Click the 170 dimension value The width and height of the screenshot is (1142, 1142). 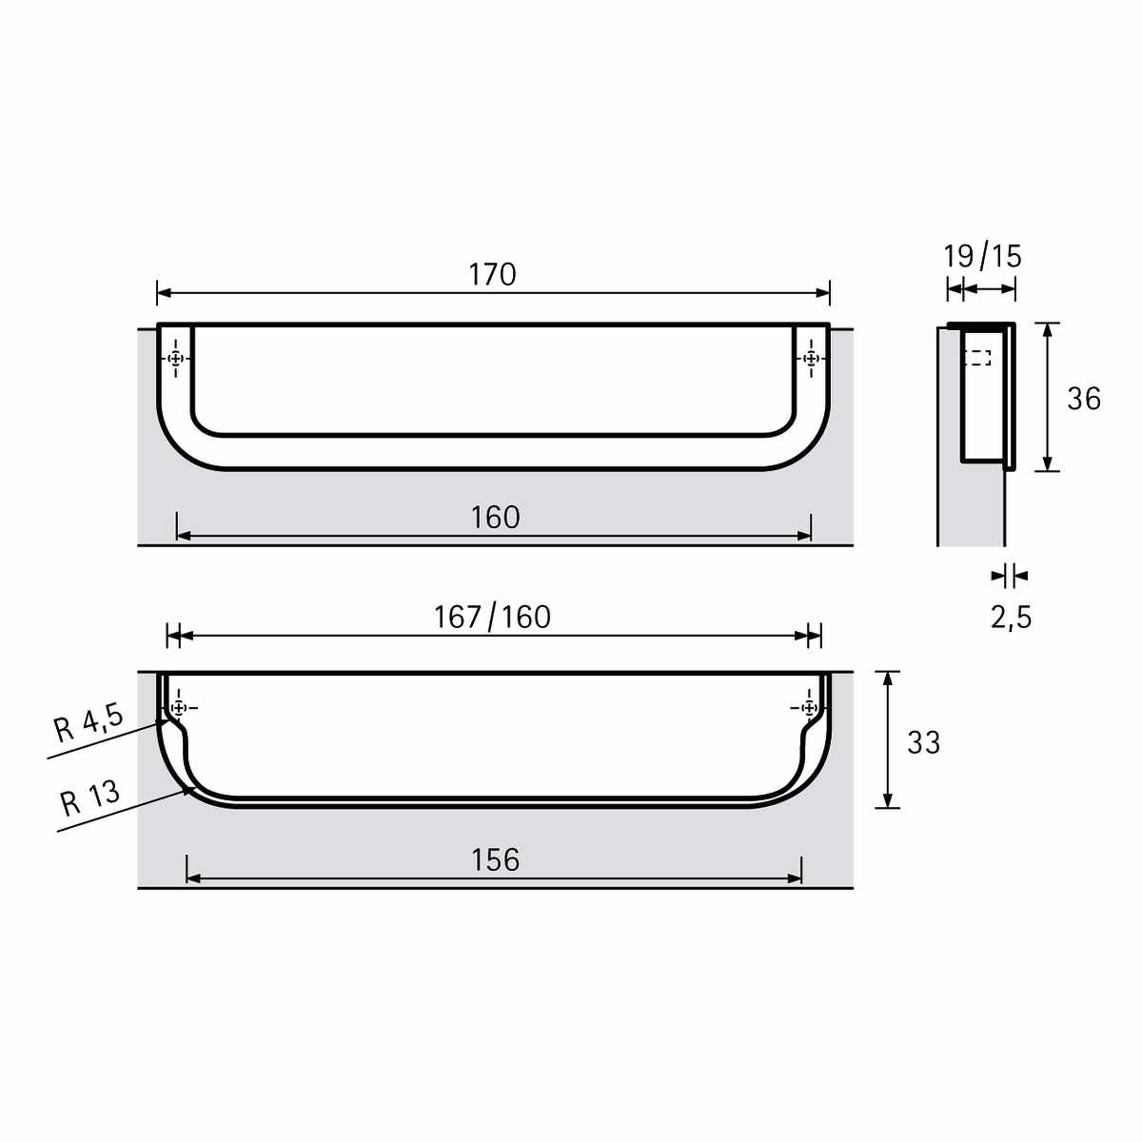pyautogui.click(x=492, y=274)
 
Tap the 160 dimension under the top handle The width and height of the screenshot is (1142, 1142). pyautogui.click(x=495, y=518)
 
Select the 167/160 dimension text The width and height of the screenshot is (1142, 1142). pyautogui.click(x=492, y=617)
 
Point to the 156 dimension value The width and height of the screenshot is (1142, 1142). pyautogui.click(x=495, y=860)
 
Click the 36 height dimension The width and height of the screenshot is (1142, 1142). pyautogui.click(x=1083, y=399)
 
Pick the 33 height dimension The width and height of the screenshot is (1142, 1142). pyautogui.click(x=923, y=742)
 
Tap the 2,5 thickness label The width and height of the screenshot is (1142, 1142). pyautogui.click(x=1011, y=618)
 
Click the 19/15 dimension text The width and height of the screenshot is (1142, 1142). pyautogui.click(x=982, y=256)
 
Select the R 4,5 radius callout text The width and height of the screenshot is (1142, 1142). pyautogui.click(x=89, y=723)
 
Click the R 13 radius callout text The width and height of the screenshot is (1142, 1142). pyautogui.click(x=90, y=797)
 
